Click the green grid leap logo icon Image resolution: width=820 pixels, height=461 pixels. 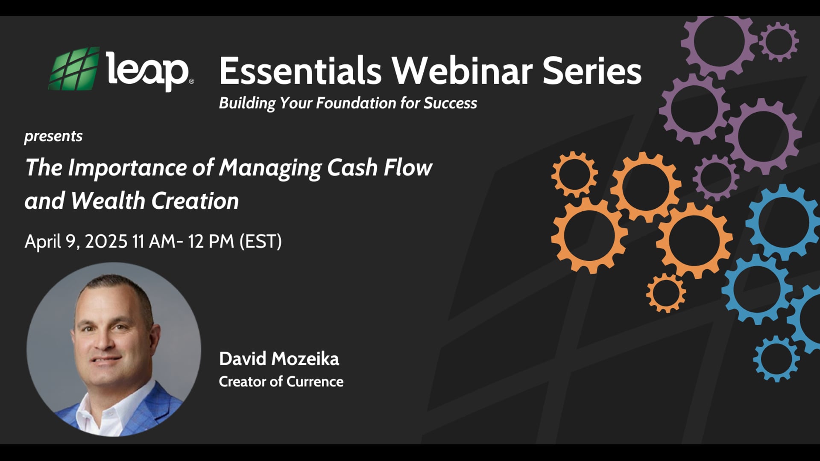pos(74,69)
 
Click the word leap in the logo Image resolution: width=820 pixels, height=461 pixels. pos(147,71)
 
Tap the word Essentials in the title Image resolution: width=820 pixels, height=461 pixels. pos(300,71)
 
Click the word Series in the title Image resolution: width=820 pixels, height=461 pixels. pos(592,71)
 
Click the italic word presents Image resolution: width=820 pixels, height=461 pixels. pos(53,136)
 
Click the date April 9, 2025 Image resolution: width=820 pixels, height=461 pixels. pos(76,242)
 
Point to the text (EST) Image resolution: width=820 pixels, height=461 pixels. pos(261,242)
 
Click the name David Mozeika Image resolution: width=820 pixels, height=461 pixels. pos(279,359)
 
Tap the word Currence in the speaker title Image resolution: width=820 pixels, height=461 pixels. pos(315,382)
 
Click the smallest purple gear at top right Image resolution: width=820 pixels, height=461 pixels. pos(779,41)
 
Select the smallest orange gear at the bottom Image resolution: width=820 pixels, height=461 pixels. pos(666,293)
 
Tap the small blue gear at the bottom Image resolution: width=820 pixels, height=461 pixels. pos(776,359)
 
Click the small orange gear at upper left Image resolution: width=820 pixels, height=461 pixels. pos(574,175)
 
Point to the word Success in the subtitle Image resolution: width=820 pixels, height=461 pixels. pos(450,103)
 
